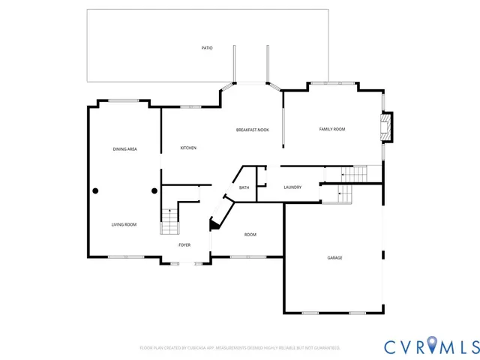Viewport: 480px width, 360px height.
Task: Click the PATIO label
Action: tap(207, 48)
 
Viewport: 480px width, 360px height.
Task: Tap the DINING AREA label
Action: tap(124, 149)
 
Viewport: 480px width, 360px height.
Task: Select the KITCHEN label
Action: tap(188, 148)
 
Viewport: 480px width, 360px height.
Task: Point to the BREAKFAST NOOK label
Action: tap(253, 130)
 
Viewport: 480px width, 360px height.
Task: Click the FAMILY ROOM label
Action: tap(332, 130)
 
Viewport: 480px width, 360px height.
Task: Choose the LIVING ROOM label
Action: tap(124, 224)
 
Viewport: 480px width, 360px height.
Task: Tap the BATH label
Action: tap(244, 187)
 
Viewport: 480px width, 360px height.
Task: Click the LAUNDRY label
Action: tap(292, 187)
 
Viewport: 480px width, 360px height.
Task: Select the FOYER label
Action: tap(184, 245)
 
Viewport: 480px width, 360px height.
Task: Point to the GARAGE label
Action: tap(334, 257)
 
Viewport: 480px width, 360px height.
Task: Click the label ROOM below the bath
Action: tap(250, 235)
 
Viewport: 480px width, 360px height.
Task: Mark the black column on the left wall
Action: tap(95, 190)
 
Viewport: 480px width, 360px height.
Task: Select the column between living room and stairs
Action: tap(154, 190)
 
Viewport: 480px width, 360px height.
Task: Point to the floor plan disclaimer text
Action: tap(240, 348)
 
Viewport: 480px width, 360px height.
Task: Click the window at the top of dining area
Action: tap(123, 100)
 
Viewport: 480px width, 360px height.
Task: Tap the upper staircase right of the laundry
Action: tap(352, 174)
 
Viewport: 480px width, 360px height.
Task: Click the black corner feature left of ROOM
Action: tap(215, 223)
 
